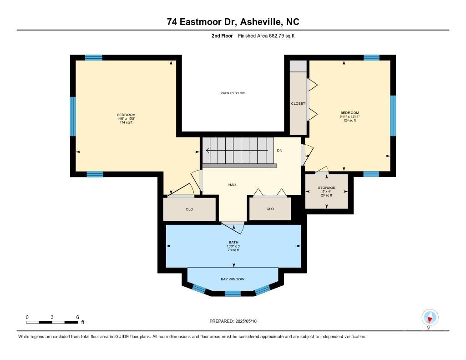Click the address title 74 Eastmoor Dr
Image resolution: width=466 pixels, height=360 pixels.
233,22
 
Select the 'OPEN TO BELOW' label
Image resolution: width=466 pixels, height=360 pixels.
233,93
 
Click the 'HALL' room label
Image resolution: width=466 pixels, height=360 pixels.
233,185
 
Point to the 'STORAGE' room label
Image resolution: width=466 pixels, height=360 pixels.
326,188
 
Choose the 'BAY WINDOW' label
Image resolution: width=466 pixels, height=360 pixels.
233,279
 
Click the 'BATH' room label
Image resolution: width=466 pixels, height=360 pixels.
233,242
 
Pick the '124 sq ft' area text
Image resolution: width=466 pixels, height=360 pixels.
349,120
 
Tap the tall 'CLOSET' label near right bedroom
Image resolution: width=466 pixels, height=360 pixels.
298,104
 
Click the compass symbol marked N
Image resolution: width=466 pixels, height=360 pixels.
430,317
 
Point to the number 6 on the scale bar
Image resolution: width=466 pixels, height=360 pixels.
78,317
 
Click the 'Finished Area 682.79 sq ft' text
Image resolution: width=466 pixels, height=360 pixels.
266,35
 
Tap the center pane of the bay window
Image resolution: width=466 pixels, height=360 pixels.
233,294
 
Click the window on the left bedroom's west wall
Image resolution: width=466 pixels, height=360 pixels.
73,116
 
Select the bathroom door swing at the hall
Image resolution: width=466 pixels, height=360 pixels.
233,227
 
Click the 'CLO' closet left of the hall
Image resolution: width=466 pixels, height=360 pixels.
190,209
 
